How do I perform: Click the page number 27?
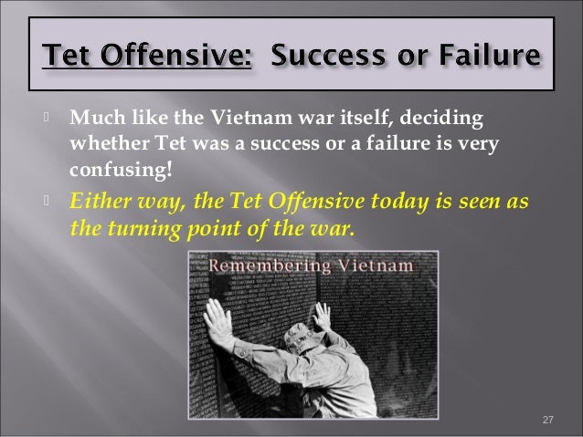548,419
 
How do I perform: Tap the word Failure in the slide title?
487,57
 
